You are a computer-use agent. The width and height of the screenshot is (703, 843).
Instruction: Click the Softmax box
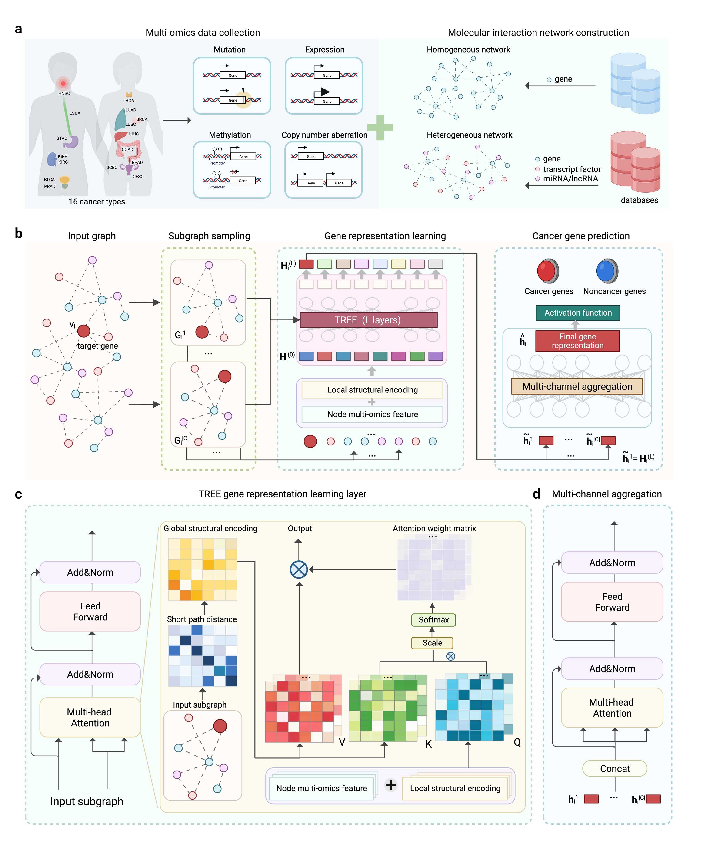point(433,620)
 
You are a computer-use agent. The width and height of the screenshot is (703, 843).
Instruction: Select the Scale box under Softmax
point(432,643)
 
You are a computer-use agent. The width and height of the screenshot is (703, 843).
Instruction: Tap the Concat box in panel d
point(615,768)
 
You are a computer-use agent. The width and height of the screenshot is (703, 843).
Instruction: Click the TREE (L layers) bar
point(368,320)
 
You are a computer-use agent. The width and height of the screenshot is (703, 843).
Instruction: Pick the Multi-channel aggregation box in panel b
point(577,386)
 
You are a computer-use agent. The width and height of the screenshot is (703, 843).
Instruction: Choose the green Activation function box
point(578,313)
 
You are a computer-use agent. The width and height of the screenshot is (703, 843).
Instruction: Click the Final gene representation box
point(577,341)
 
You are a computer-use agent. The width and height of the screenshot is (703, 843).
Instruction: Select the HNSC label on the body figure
point(64,94)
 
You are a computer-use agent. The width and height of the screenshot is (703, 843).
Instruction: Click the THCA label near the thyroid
point(129,101)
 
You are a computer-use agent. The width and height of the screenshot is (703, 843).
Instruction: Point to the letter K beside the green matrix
point(429,744)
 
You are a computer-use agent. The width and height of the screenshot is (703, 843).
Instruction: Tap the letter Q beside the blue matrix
point(517,742)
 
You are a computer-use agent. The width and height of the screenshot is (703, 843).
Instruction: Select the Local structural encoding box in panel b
point(372,390)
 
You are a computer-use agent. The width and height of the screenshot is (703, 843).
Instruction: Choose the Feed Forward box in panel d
point(612,602)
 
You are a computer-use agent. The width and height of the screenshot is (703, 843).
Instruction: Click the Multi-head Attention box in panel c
point(90,717)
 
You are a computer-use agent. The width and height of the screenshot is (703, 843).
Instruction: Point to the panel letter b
point(18,233)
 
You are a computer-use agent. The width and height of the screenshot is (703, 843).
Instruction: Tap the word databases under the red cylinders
point(639,200)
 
